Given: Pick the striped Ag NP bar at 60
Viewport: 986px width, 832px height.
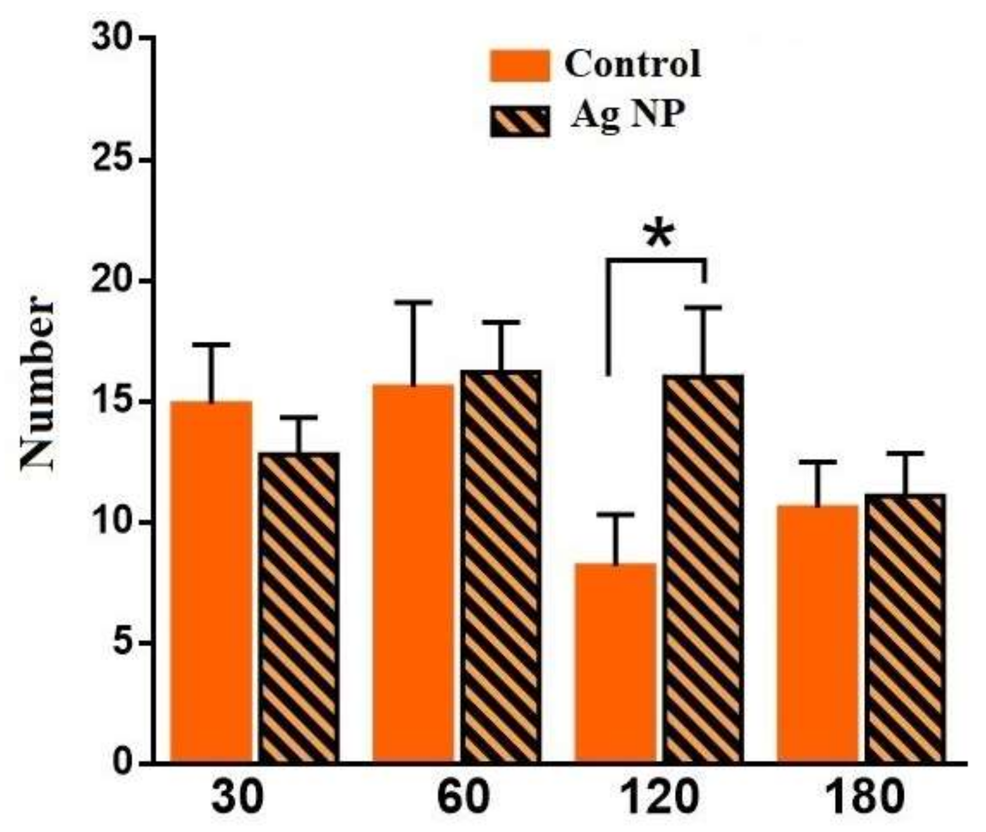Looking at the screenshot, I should click(501, 566).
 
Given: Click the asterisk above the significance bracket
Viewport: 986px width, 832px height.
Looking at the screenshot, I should click(658, 235).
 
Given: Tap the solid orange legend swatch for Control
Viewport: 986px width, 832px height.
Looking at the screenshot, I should click(520, 65).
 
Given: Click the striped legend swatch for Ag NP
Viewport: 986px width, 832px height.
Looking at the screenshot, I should click(520, 121).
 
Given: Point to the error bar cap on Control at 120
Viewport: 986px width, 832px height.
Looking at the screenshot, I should click(615, 514).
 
